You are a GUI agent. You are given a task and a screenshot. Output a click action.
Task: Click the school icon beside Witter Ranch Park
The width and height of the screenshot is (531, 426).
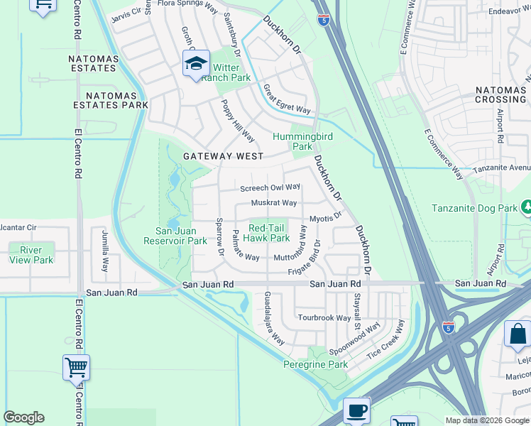pyautogui.click(x=196, y=63)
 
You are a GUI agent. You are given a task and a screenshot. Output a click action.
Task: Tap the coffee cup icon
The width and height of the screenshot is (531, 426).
pyautogui.click(x=356, y=410)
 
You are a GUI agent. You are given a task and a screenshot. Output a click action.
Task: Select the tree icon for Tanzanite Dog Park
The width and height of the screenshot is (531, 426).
pyautogui.click(x=526, y=207)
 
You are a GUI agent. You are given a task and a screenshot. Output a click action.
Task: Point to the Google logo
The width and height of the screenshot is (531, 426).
pyautogui.click(x=23, y=417)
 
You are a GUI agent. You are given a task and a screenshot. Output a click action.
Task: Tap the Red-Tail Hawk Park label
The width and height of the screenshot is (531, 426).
pyautogui.click(x=268, y=233)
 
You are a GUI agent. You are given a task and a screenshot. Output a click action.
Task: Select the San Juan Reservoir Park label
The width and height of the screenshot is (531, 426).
pyautogui.click(x=181, y=236)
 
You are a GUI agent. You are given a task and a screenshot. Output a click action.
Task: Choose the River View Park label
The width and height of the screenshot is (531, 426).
pyautogui.click(x=31, y=255)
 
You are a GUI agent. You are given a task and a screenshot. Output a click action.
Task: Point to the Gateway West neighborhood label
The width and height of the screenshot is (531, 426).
pyautogui.click(x=222, y=156)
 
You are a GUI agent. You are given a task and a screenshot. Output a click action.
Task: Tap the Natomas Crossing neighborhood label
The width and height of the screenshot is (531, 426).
pyautogui.click(x=500, y=94)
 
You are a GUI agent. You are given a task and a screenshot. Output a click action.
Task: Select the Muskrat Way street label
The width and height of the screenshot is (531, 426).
pyautogui.click(x=273, y=203)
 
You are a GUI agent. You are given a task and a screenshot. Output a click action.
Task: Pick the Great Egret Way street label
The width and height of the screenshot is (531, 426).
pyautogui.click(x=287, y=99)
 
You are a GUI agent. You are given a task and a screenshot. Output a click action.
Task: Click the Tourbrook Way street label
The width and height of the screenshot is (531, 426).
pyautogui.click(x=324, y=317)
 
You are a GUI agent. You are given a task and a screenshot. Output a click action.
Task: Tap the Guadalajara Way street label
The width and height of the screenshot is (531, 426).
pyautogui.click(x=274, y=317)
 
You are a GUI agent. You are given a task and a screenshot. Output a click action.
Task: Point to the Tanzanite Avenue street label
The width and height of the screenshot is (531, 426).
pyautogui.click(x=503, y=168)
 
